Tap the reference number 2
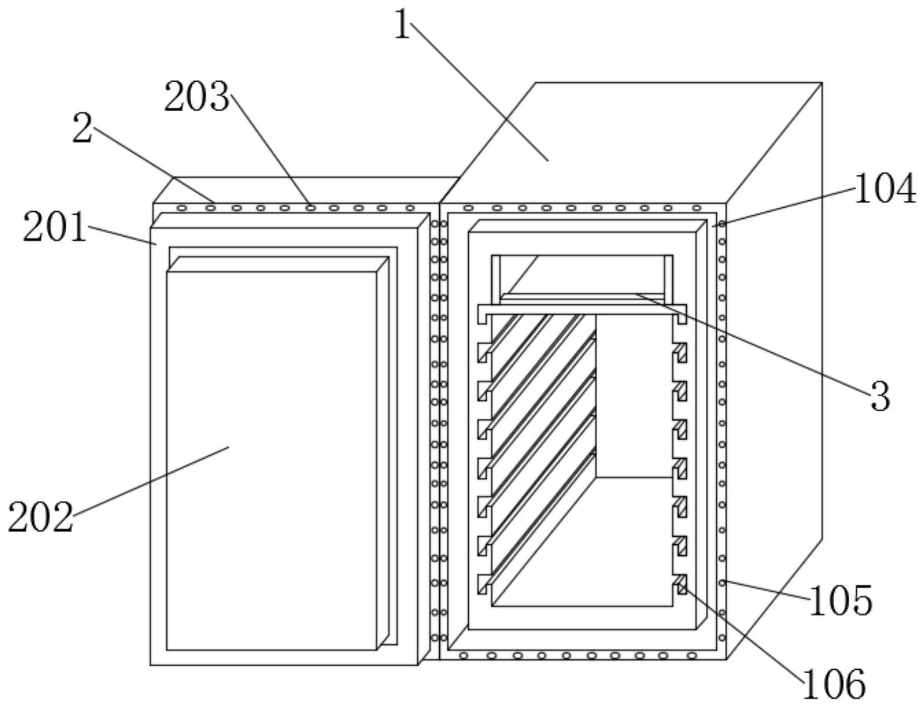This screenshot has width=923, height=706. pyautogui.click(x=82, y=128)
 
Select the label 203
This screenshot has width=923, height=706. pyautogui.click(x=197, y=97)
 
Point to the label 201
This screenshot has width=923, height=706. pyautogui.click(x=55, y=227)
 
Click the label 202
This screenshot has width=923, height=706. pyautogui.click(x=40, y=517)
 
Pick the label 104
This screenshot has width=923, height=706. pyautogui.click(x=886, y=189)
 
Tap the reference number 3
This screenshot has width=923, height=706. pyautogui.click(x=880, y=396)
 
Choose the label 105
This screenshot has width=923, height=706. pyautogui.click(x=841, y=601)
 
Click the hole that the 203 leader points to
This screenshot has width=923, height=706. pyautogui.click(x=310, y=208)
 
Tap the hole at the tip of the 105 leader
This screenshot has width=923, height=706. pyautogui.click(x=722, y=582)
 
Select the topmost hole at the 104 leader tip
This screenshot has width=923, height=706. pyautogui.click(x=722, y=224)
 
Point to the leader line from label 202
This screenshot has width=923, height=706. pyautogui.click(x=151, y=480)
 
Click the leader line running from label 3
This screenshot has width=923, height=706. pyautogui.click(x=752, y=344)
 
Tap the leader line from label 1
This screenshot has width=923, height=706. pyautogui.click(x=480, y=91)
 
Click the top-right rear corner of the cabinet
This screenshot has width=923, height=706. pyautogui.click(x=822, y=83)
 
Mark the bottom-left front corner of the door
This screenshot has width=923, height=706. pyautogui.click(x=150, y=665)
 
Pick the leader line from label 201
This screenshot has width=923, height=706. pyautogui.click(x=122, y=235)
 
